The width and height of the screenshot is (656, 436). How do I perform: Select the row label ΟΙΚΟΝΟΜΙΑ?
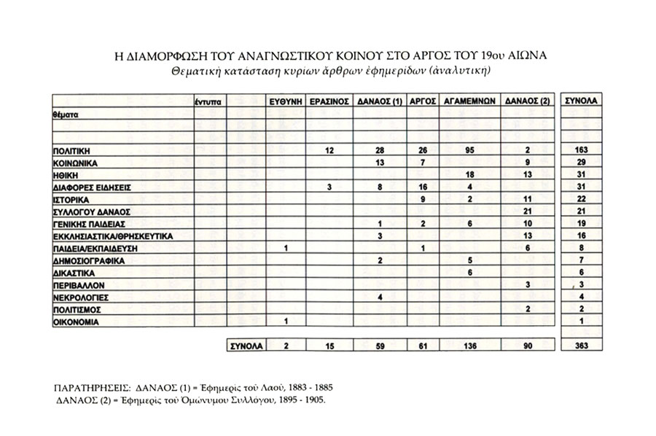(76, 322)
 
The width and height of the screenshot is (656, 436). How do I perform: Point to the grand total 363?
(582, 346)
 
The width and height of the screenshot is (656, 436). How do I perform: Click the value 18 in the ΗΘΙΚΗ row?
(470, 174)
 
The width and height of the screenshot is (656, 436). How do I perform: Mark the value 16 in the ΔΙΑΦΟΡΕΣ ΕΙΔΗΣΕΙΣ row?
(423, 187)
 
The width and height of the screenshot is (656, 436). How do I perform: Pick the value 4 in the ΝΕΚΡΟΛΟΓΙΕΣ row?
(379, 297)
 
